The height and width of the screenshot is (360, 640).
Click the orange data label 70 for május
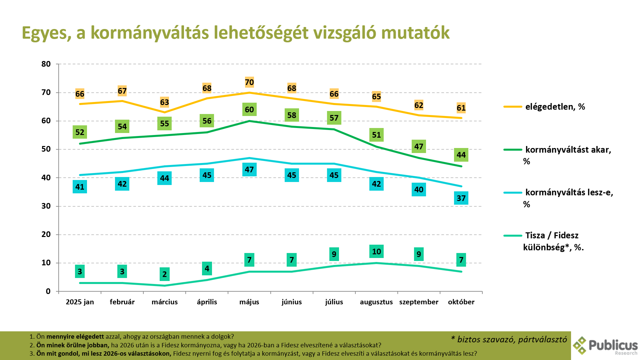(249, 82)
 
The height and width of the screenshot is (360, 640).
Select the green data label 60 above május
(249, 110)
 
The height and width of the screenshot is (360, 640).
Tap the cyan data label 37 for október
(461, 198)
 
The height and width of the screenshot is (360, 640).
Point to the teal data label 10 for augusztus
(376, 252)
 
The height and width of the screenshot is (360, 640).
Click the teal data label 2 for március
(164, 274)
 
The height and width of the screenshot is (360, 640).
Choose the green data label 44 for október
(461, 155)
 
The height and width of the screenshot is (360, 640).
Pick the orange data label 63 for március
(164, 102)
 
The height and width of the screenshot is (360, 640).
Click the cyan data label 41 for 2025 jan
(80, 187)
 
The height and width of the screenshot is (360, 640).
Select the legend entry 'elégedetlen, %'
(555, 107)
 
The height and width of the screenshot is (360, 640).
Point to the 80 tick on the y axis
(46, 64)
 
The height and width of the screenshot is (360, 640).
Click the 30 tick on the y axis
(46, 206)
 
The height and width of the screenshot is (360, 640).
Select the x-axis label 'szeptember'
(419, 302)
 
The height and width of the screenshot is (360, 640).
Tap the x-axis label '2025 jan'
(80, 302)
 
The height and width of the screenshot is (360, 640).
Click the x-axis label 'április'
(207, 302)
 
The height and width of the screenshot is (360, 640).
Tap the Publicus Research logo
(605, 346)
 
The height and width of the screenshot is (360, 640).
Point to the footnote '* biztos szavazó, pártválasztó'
(509, 340)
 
